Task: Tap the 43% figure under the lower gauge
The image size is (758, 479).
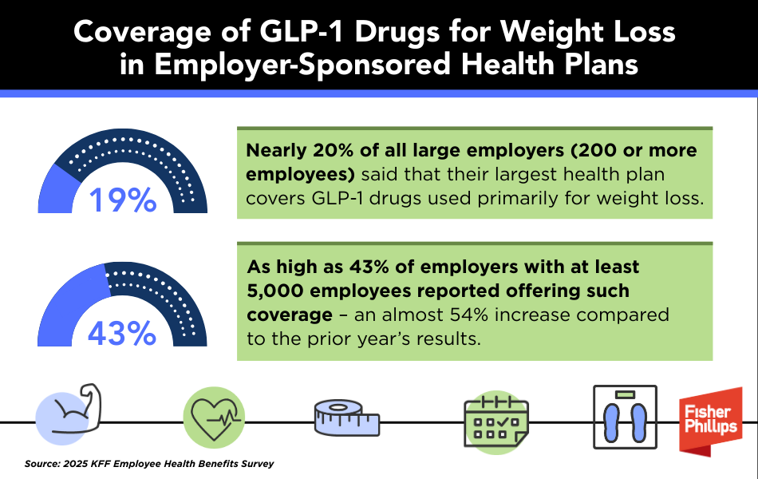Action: [122, 332]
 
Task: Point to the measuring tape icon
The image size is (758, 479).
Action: [345, 418]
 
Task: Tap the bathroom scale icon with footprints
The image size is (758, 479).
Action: [625, 418]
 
